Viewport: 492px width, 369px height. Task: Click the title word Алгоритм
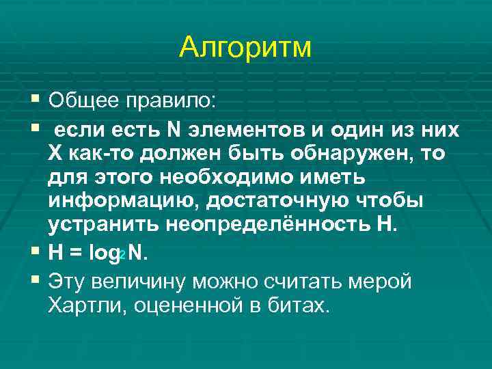pyautogui.click(x=245, y=47)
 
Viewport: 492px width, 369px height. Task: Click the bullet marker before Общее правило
pyautogui.click(x=36, y=101)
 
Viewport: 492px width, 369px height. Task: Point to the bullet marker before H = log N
pyautogui.click(x=36, y=251)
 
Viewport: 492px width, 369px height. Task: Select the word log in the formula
pyautogui.click(x=105, y=252)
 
